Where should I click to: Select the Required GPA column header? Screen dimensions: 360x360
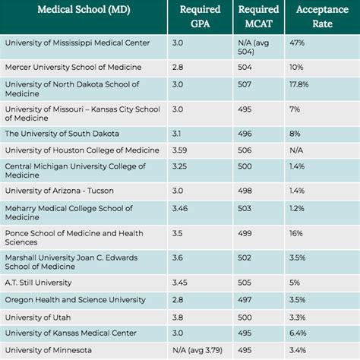point(200,16)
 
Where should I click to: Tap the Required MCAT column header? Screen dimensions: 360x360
point(257,16)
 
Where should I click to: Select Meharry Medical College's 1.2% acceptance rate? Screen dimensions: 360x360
point(296,207)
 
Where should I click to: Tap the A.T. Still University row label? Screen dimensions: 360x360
point(39,283)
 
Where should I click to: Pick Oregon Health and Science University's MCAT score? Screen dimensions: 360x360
point(245,299)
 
